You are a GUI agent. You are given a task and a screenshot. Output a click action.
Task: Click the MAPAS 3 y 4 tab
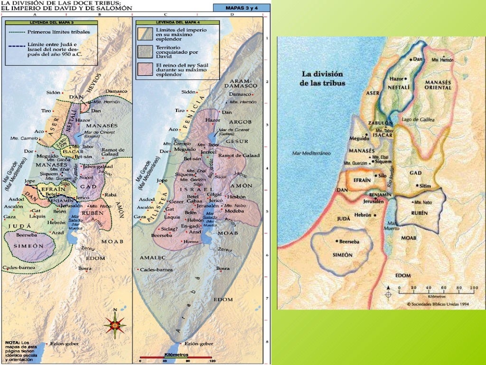241,8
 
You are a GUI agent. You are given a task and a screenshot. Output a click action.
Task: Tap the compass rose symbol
114,325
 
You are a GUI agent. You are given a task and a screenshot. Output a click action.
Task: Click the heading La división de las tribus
322,78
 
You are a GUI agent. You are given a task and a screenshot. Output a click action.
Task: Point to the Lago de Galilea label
417,120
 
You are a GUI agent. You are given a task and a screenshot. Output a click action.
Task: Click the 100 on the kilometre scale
473,288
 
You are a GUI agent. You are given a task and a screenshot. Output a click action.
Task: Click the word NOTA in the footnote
12,342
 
